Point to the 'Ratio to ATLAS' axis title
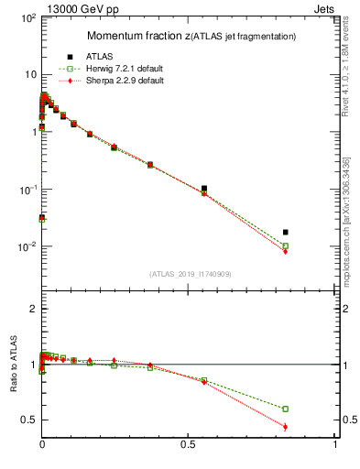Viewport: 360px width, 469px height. pos(12,366)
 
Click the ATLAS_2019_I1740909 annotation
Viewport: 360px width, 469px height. pos(190,274)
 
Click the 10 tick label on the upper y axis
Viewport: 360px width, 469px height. pos(29,74)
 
